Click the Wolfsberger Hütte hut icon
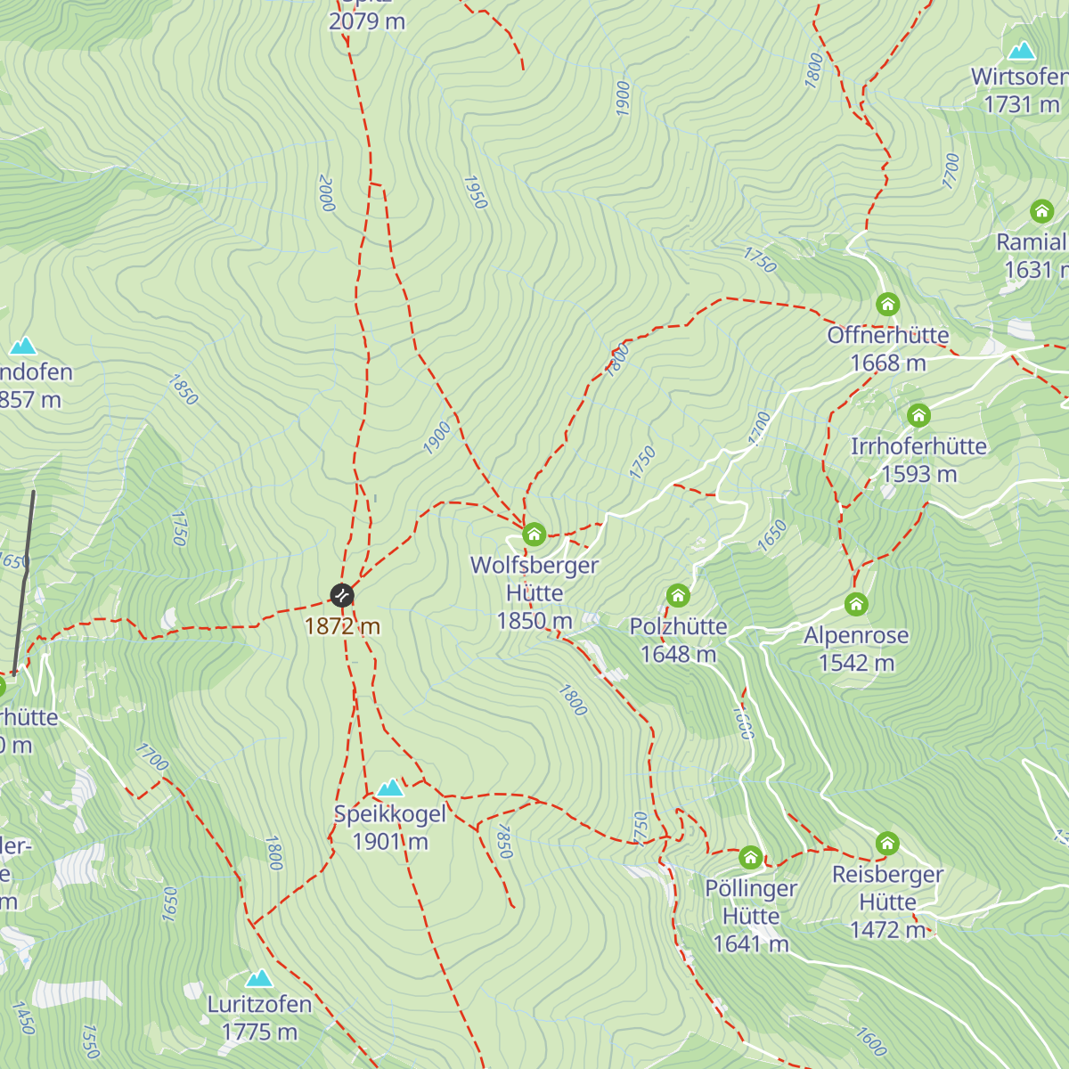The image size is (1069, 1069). pos(534,534)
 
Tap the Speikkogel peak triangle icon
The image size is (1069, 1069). pos(390,787)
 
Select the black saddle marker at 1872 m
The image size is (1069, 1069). pos(342,595)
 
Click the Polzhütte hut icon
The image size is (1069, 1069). pos(678,595)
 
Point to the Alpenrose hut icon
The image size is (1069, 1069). pos(856,605)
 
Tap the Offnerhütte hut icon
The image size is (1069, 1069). pos(887,305)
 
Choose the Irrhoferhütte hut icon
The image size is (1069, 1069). pos(918,415)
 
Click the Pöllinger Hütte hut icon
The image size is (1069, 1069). pos(751,858)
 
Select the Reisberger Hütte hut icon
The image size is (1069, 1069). pos(887,843)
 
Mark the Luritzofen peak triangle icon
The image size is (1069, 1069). pos(259,978)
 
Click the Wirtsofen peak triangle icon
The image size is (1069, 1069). pos(1021,51)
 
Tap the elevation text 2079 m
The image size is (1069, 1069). pos(367,21)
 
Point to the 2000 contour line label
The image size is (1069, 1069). pos(326,193)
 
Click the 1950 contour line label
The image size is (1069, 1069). pos(476,192)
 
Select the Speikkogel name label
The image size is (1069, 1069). pos(390,814)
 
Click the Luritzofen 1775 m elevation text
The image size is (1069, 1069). pos(259,1032)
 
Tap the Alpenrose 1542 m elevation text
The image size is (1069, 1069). pos(856,663)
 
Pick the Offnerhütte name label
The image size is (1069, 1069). pos(887,336)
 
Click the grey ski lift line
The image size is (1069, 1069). pos(24,579)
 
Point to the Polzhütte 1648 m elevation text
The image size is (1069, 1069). pos(678,654)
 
